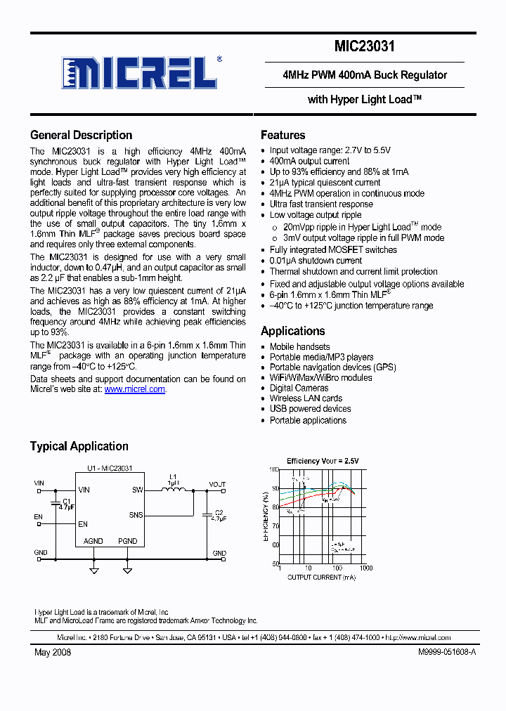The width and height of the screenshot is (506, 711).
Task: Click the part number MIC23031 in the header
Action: tap(364, 47)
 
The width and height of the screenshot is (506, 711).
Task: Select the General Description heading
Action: tap(81, 136)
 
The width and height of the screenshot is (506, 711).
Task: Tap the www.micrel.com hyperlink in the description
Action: tap(135, 389)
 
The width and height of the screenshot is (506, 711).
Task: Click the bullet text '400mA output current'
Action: tap(309, 161)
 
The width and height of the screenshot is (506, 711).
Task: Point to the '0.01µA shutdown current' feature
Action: tap(316, 261)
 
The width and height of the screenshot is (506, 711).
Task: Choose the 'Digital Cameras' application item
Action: tap(299, 388)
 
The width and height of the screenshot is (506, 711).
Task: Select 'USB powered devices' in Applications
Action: tap(310, 409)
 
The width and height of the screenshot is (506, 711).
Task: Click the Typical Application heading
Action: tap(79, 446)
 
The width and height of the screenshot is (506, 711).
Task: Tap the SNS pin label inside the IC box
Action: tap(136, 515)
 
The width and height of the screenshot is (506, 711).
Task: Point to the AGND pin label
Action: tap(93, 541)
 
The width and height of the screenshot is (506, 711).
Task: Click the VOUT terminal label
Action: tap(217, 484)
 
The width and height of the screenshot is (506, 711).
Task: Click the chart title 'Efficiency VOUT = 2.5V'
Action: tap(323, 461)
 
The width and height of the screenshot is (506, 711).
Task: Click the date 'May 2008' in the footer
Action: tap(52, 652)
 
